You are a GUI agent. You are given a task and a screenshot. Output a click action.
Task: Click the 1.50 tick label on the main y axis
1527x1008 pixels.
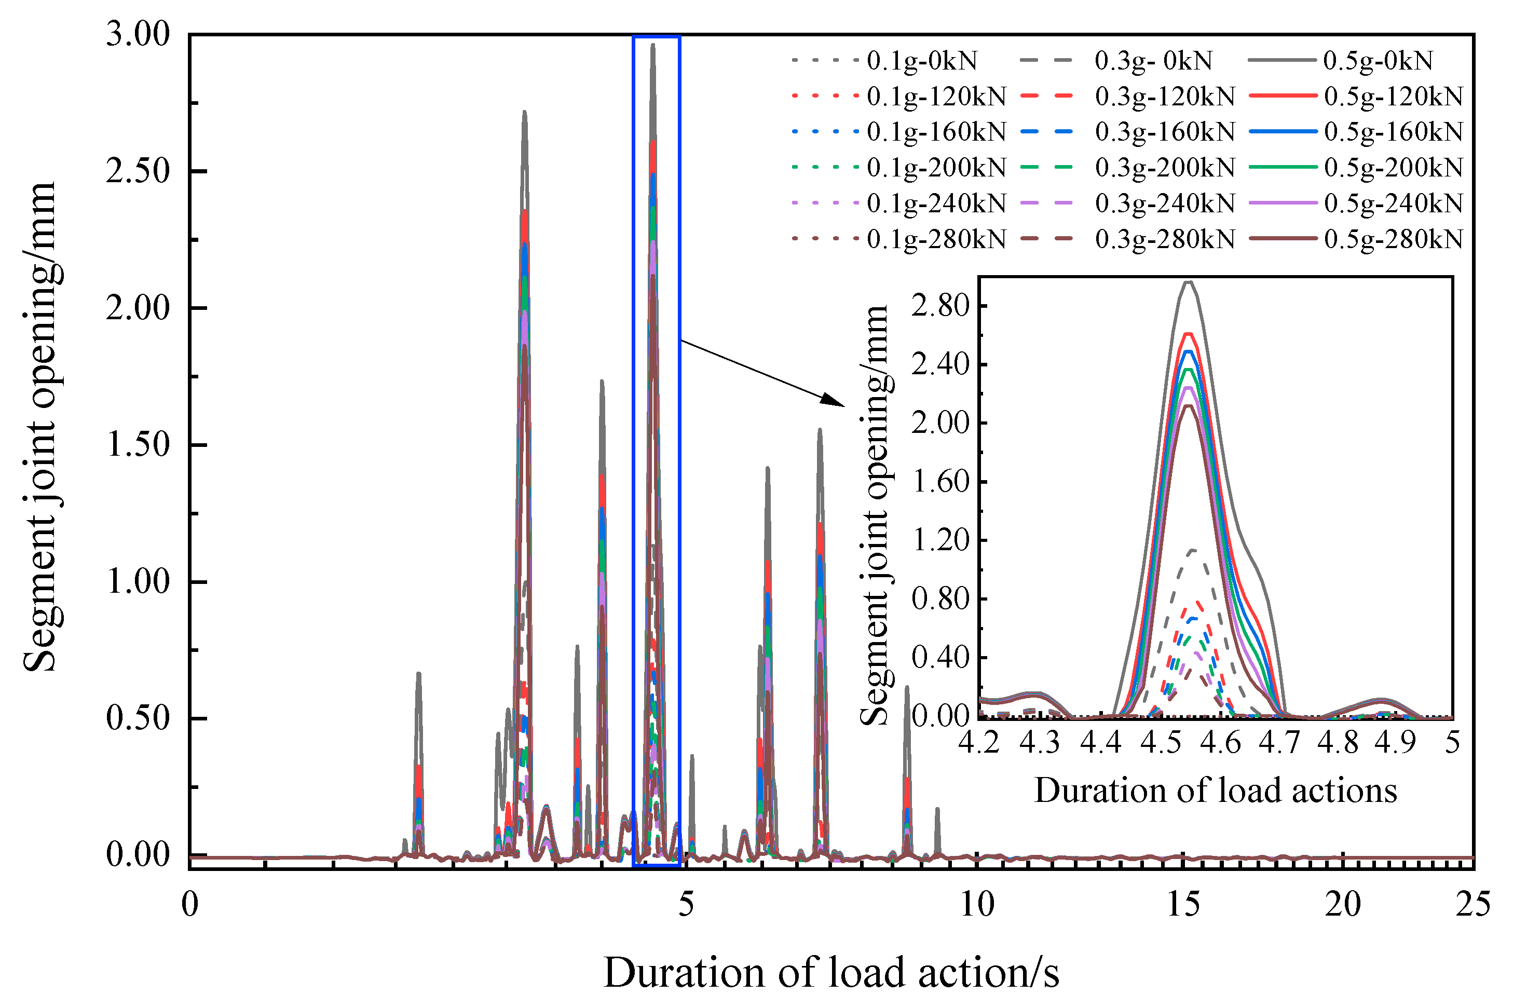tap(138, 444)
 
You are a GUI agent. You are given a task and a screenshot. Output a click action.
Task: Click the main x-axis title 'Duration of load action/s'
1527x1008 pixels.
tap(831, 973)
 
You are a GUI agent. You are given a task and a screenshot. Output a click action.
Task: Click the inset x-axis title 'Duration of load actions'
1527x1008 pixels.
tap(1215, 791)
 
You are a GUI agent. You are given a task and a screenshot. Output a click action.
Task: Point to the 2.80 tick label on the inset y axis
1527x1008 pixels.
tap(939, 306)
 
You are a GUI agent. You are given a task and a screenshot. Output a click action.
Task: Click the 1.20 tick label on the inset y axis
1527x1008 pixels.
tap(939, 540)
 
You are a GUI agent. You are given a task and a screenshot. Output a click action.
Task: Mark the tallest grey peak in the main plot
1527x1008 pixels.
tap(653, 45)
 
